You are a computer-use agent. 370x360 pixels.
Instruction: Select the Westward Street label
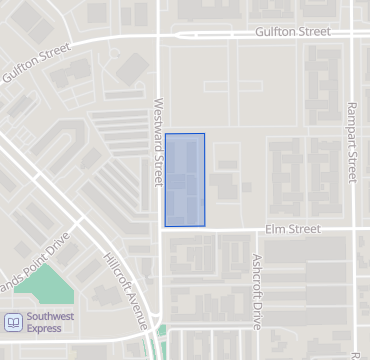[x=157, y=141]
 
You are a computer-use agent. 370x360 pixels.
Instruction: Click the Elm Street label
[x=292, y=229]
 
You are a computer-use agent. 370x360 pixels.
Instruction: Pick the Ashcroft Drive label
[x=257, y=291]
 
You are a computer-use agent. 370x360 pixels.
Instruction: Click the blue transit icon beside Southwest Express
[x=13, y=321]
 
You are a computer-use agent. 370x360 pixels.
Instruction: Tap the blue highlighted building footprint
[x=185, y=179]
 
